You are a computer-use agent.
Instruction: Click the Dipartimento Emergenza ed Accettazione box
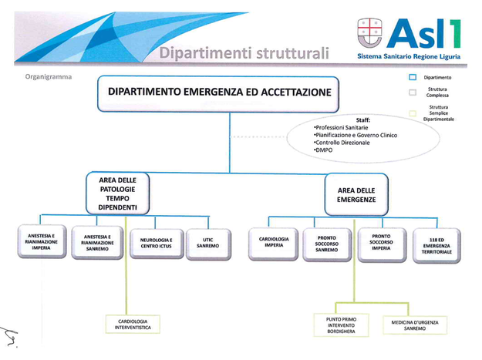pos(218,94)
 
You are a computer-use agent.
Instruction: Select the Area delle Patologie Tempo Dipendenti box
pos(118,193)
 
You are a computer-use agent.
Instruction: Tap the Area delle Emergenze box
pos(356,195)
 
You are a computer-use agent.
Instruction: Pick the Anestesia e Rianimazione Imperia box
pos(42,242)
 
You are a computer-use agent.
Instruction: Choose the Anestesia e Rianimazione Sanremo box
pos(97,243)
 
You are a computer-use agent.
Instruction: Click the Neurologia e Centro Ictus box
pos(157,244)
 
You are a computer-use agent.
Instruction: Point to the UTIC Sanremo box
pos(208,244)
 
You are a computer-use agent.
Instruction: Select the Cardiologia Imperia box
pos(274,244)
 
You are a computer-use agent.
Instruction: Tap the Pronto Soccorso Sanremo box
pos(327,244)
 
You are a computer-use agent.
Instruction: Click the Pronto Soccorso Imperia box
pos(382,244)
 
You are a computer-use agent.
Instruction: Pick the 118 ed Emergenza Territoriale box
pos(436,245)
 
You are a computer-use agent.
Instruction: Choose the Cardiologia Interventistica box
pos(133,325)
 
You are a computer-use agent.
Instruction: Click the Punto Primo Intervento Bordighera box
pos(341,325)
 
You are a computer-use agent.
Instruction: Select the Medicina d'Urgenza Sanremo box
pos(415,325)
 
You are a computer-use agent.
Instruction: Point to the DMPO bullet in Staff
pos(323,150)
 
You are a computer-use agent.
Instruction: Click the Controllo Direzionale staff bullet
pos(342,143)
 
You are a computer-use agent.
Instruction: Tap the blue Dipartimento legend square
pos(413,77)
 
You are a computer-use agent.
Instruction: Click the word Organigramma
pos(49,77)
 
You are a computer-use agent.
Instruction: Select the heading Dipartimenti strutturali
pos(244,53)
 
